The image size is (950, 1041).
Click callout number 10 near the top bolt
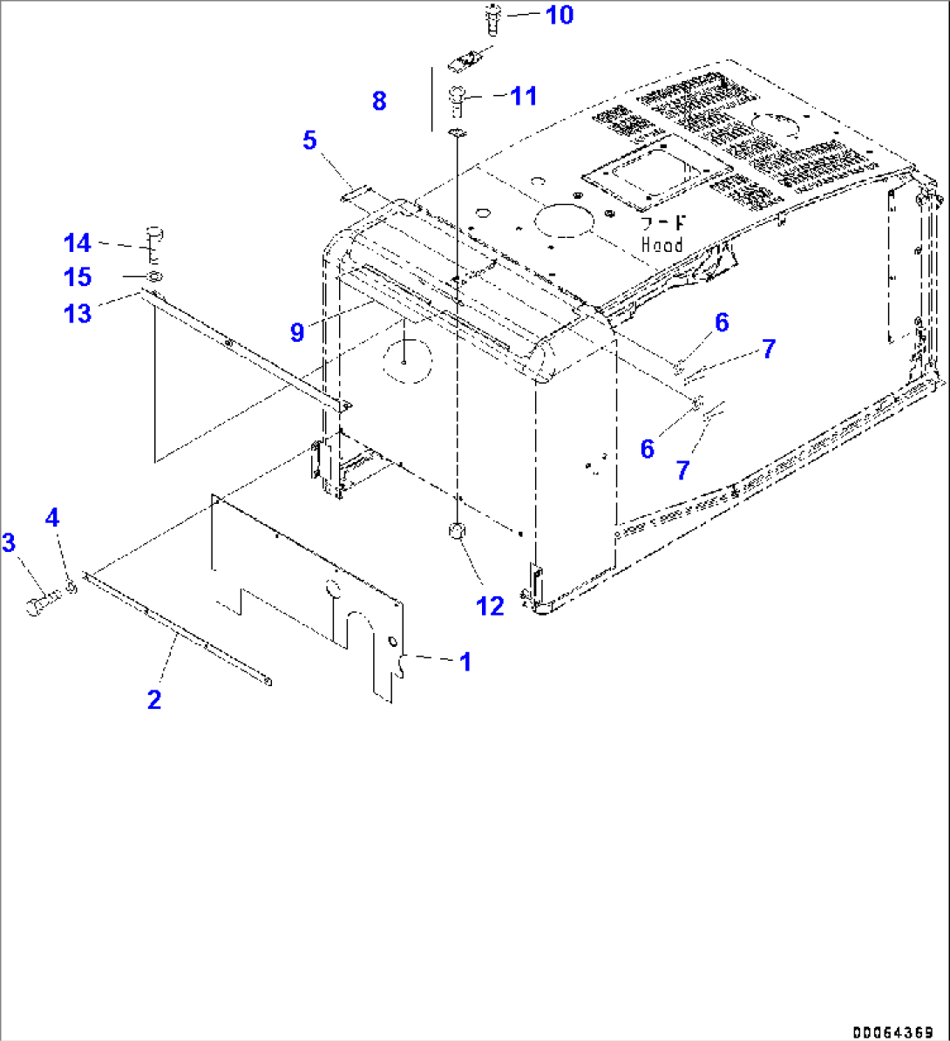pos(560,15)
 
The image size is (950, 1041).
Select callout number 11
pos(524,96)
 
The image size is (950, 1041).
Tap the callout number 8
pos(378,101)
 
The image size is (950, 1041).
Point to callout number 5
pos(310,139)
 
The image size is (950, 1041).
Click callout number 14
pos(77,243)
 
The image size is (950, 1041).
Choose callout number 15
pos(77,277)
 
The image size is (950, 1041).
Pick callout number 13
pos(77,313)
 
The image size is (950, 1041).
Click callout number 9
pos(298,331)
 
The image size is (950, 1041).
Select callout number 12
pos(491,606)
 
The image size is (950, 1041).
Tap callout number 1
pos(465,662)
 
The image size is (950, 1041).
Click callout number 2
pos(154,699)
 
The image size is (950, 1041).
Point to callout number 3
pos(9,543)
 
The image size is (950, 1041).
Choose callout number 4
pos(52,518)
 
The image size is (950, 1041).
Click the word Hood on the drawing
pos(662,246)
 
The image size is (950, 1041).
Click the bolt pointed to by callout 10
pos(489,18)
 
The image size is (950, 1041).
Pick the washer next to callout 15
pos(154,278)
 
